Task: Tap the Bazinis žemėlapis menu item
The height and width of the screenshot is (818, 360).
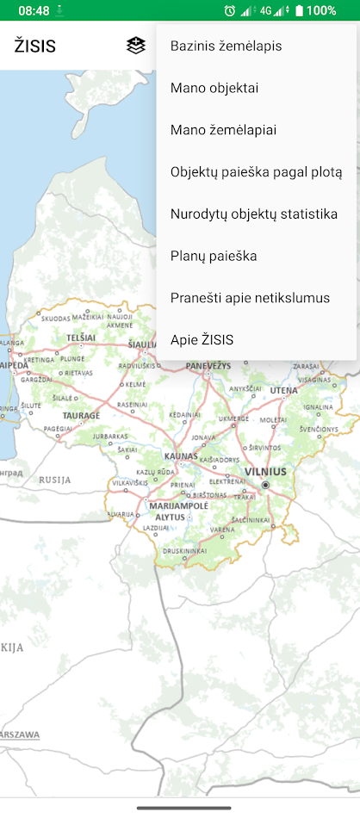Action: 227,46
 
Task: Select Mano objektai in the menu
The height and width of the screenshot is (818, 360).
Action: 214,88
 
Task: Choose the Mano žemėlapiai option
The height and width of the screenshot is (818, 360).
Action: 223,130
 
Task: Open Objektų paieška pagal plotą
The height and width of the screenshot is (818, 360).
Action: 256,172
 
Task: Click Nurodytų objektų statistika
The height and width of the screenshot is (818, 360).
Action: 253,214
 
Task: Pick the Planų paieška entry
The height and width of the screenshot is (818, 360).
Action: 214,256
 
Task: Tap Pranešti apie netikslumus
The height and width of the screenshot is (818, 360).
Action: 251,298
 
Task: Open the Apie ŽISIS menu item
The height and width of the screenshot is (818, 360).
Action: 202,340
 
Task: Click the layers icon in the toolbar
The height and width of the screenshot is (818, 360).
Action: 135,46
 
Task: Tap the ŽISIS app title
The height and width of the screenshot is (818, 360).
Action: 35,46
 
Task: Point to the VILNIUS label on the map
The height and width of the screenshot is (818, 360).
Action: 265,471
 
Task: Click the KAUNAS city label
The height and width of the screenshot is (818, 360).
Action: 181,455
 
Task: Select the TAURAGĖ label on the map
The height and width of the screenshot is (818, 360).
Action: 81,415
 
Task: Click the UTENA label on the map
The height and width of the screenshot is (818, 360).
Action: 283,391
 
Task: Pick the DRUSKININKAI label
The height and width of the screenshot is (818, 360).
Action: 183,550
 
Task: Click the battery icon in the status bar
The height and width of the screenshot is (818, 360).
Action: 299,11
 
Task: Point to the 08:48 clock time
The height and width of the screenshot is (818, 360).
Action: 34,11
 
